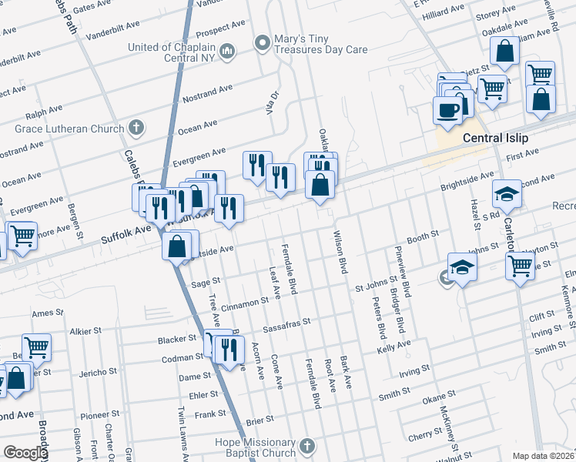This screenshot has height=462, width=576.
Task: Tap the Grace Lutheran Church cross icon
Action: click(136, 128)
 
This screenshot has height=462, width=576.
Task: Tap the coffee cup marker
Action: click(447, 110)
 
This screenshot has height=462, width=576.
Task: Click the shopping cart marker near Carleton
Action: click(521, 266)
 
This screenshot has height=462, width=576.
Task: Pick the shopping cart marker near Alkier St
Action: click(36, 347)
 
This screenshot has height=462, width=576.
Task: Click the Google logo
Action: click(25, 453)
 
